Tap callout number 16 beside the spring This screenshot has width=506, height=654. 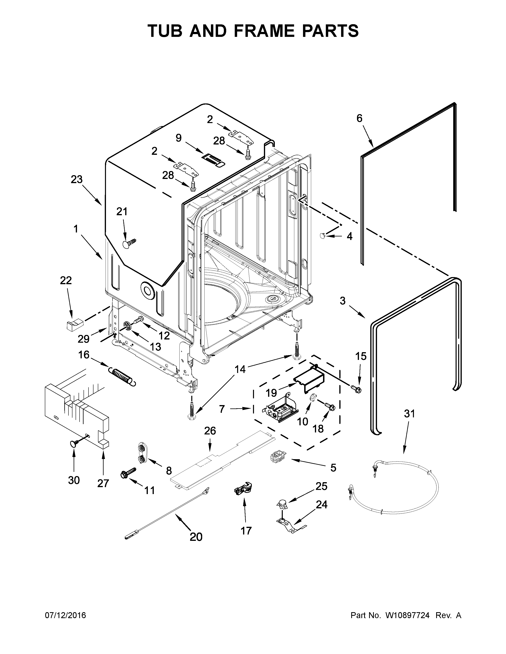coord(84,355)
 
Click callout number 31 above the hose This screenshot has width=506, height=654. coord(409,414)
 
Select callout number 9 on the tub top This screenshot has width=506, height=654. coord(179,138)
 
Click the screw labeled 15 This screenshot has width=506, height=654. coord(357,389)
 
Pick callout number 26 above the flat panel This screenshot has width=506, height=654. coord(210,431)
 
